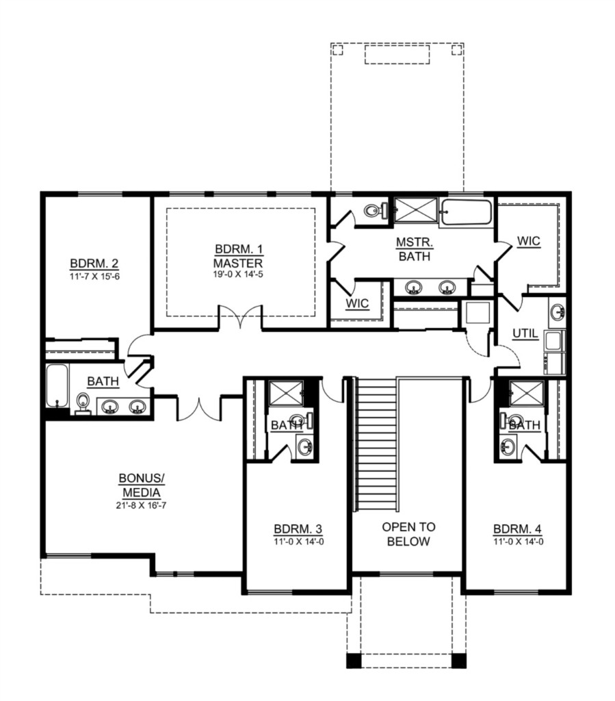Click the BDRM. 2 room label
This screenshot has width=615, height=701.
point(94,264)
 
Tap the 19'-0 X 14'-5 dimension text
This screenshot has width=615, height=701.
point(237,274)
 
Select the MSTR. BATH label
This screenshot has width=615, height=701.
point(415,249)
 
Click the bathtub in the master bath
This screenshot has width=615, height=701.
point(466,212)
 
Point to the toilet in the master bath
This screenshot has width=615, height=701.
point(375,209)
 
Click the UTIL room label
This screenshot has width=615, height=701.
point(525,333)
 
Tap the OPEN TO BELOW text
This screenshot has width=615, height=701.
point(408,534)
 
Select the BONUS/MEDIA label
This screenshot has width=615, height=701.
point(142,485)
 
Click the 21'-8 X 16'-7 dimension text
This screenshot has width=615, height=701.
point(141,506)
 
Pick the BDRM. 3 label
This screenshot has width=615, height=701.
point(298,529)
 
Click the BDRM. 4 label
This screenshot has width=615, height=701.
point(517,529)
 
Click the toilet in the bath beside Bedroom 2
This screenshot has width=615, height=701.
point(83,403)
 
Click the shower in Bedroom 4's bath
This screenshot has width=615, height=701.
point(527,393)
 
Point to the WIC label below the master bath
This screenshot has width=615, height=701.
point(357,303)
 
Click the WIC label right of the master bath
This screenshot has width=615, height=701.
point(528,242)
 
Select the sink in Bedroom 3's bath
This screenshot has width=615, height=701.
point(305,447)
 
